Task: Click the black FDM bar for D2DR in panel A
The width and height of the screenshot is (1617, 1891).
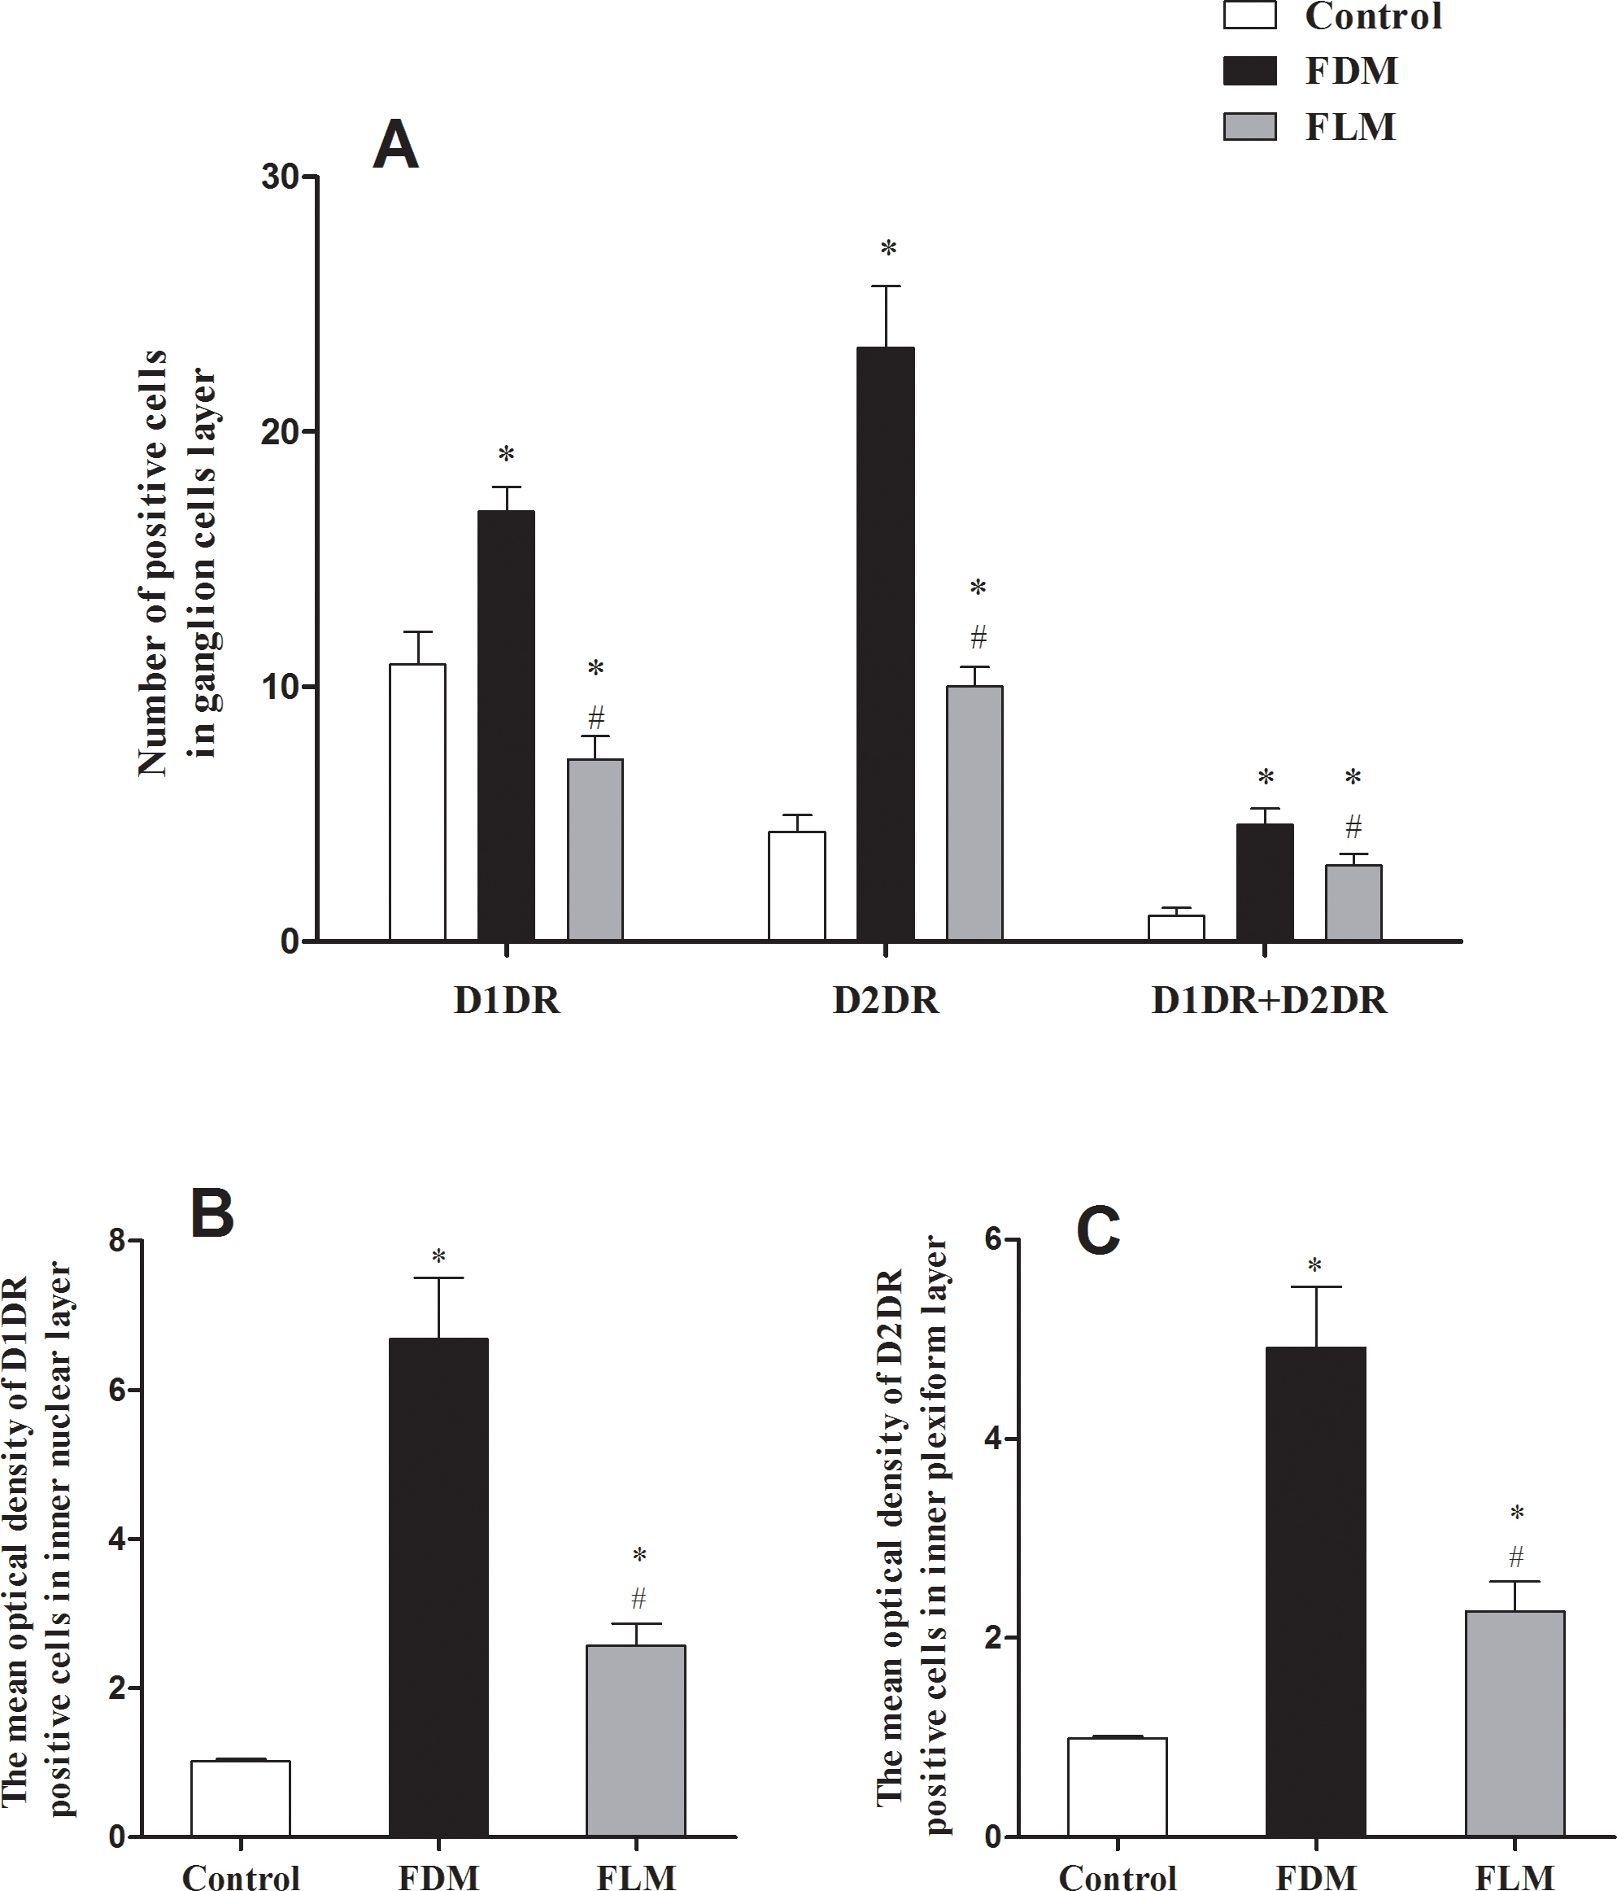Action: (x=885, y=644)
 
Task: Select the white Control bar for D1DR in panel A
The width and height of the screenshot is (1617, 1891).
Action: (x=418, y=802)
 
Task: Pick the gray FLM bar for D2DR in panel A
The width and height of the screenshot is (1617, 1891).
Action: (x=974, y=812)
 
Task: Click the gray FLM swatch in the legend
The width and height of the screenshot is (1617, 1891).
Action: (x=1249, y=126)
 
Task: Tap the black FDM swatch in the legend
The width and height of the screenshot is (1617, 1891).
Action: (x=1249, y=70)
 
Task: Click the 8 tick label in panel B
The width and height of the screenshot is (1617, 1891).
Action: (x=119, y=1241)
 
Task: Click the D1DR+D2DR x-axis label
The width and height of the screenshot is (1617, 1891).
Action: (x=1268, y=1001)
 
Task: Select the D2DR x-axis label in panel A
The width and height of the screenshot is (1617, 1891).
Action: (x=885, y=1001)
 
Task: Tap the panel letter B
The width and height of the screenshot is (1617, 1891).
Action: (x=211, y=1216)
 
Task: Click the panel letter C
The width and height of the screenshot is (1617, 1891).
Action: (x=1098, y=1232)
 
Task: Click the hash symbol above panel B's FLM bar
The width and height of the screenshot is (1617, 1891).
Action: (x=639, y=1598)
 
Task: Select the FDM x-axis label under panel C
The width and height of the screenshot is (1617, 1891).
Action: (x=1315, y=1877)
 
